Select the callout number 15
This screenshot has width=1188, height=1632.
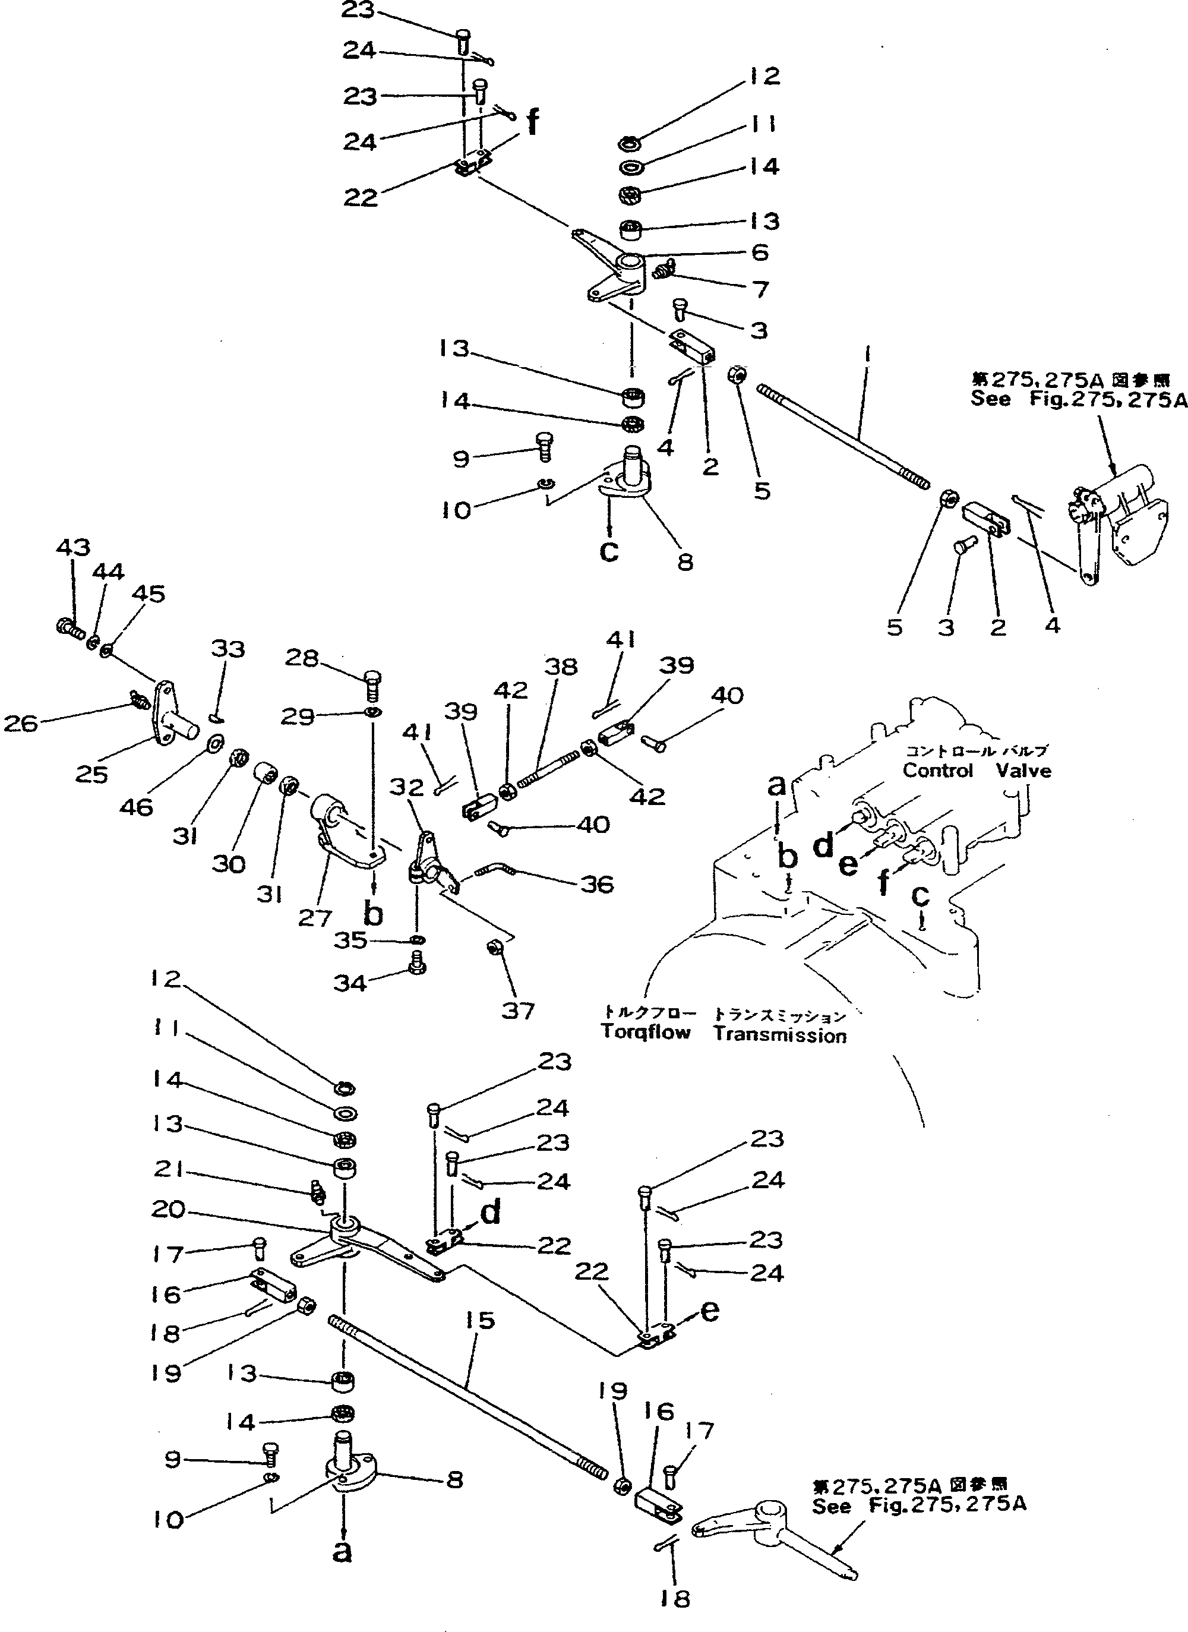click(480, 1321)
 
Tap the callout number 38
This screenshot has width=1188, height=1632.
click(561, 667)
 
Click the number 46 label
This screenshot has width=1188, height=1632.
click(136, 807)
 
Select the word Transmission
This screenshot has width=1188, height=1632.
click(779, 1035)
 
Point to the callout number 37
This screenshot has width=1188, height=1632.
click(518, 1011)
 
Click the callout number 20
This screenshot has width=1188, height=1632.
click(168, 1209)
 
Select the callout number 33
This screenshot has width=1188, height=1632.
click(228, 649)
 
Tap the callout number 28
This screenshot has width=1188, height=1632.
click(302, 658)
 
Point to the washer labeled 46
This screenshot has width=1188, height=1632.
click(214, 741)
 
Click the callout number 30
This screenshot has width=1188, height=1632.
click(229, 863)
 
